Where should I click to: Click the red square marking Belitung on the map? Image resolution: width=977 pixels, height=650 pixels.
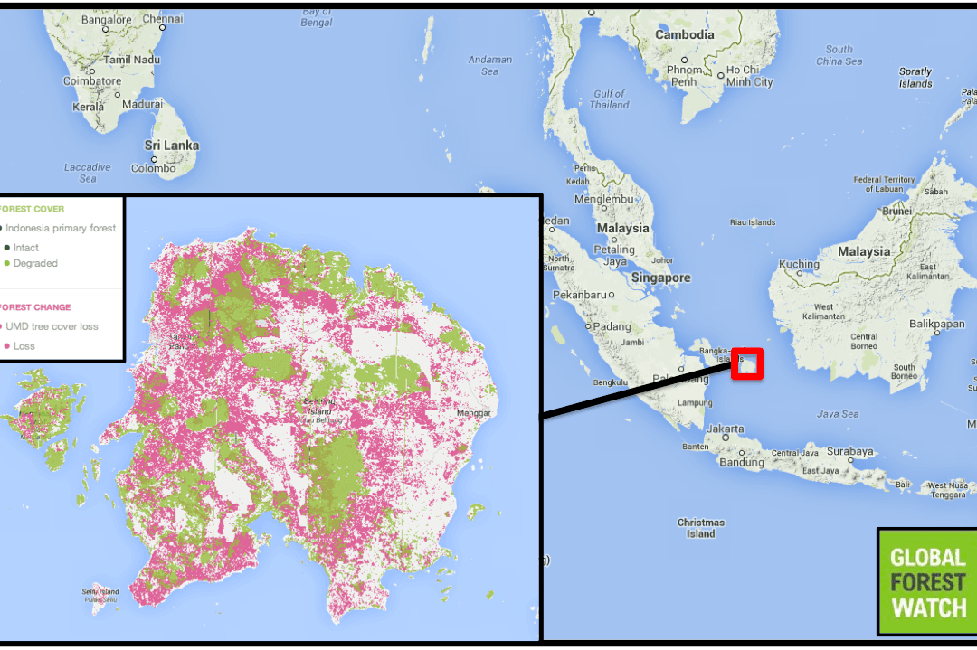point(747,363)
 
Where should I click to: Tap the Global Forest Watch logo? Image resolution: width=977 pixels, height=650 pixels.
point(927,582)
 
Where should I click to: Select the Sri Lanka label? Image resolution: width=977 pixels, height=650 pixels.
point(172,146)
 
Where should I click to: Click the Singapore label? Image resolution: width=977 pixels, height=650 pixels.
point(661,278)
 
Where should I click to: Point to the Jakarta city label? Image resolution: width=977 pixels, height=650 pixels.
point(726,429)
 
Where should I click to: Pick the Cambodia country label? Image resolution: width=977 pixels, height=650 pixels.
point(685,34)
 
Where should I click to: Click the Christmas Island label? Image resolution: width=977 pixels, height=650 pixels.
point(700,528)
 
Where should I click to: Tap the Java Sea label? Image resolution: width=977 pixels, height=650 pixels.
point(838,414)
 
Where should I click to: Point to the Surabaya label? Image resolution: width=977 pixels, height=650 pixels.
point(850,451)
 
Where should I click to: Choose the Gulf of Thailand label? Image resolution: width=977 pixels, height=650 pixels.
point(610,99)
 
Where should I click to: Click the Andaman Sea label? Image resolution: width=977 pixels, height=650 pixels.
point(489,65)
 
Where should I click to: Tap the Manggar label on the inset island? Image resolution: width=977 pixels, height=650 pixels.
point(473,413)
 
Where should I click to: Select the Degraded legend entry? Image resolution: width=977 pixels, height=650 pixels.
point(34,263)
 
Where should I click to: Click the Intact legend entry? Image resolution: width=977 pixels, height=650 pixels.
point(25,247)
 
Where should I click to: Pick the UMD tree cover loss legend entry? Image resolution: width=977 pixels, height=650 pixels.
point(52,326)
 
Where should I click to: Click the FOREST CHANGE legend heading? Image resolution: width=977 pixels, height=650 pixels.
point(33,307)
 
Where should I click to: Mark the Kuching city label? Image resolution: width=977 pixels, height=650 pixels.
point(799,265)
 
